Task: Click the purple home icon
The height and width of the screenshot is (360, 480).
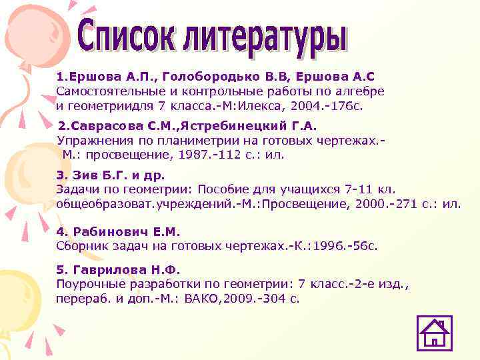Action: (434, 333)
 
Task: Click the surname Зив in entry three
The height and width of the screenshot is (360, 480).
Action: (83, 176)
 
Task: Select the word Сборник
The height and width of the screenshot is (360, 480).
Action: (81, 246)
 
